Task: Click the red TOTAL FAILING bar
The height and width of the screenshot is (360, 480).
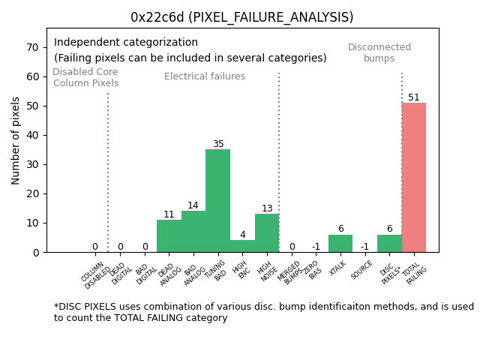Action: pos(413,177)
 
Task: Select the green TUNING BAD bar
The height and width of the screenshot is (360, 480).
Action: pos(217,200)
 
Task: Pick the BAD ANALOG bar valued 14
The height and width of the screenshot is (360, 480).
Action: pos(193,231)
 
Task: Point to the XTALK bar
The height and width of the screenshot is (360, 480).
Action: pos(340,243)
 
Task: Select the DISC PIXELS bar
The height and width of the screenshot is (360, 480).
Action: pos(389,243)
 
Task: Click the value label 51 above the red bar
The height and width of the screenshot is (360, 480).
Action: pos(413,97)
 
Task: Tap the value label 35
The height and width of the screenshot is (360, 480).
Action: pos(217,144)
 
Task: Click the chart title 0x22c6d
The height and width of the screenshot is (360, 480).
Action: pos(241,17)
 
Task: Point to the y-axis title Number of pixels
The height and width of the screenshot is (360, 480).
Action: pos(16,140)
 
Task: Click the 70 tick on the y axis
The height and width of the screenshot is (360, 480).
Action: pos(33,47)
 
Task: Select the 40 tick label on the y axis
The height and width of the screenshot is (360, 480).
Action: pos(33,135)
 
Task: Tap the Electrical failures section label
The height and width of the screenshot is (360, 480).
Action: pos(204,76)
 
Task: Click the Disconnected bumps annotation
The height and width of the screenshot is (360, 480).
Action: pos(379,52)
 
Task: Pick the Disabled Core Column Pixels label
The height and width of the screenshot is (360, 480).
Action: pos(85,78)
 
